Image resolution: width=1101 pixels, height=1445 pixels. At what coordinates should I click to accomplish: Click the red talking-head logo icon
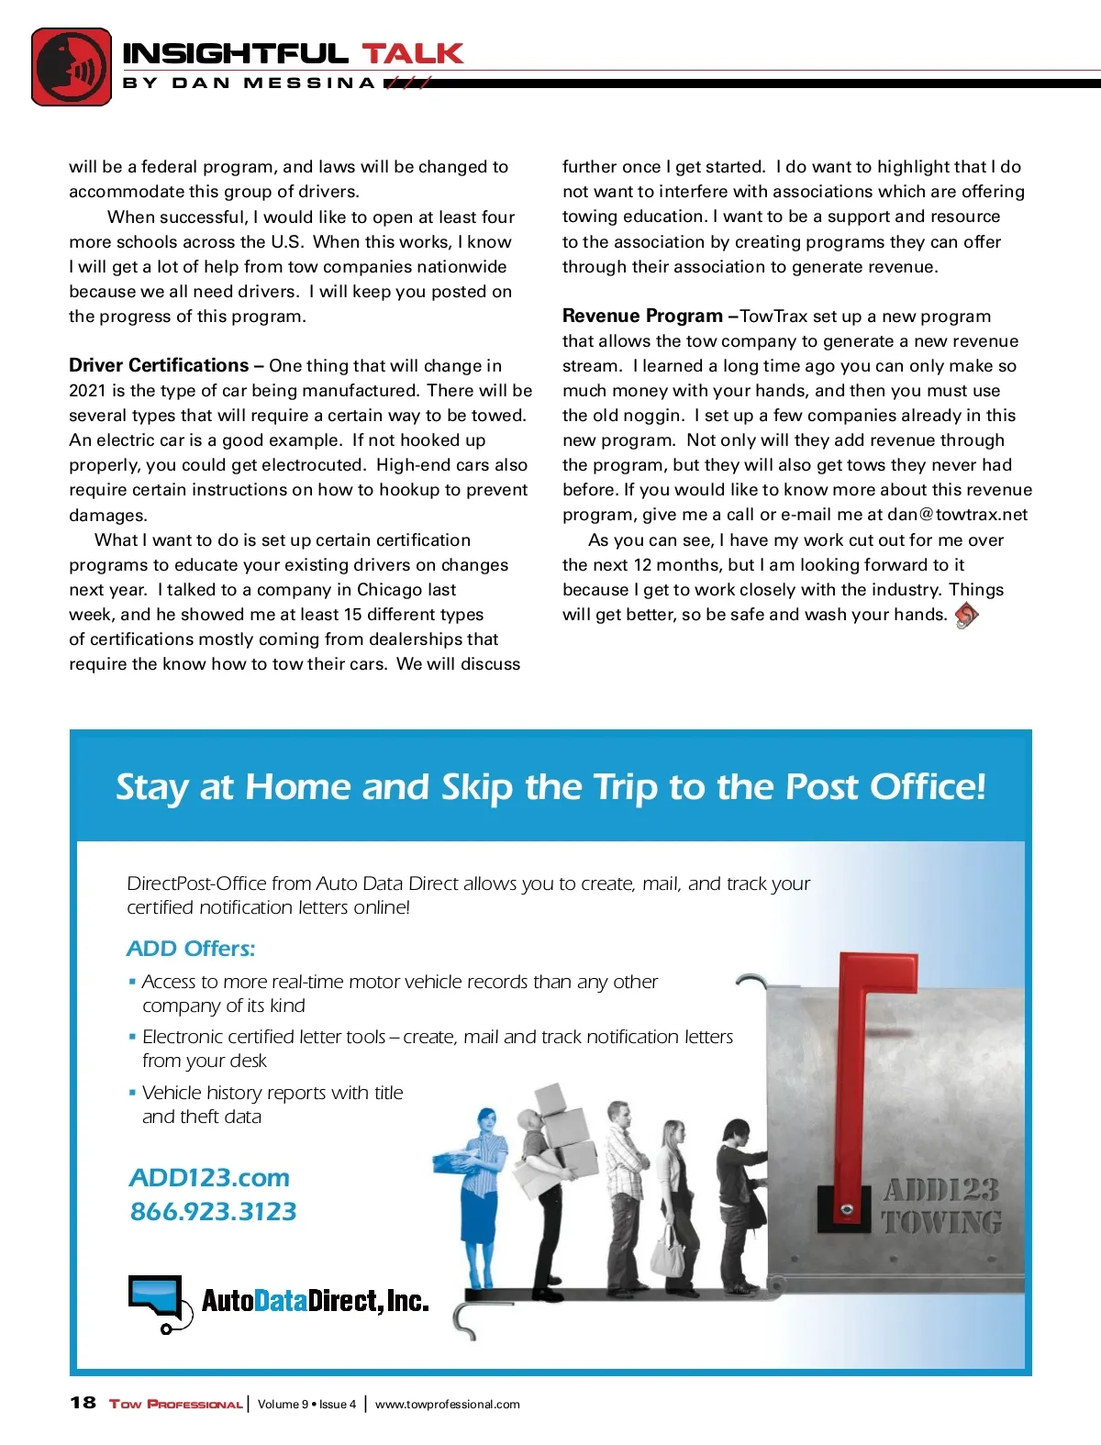point(72,66)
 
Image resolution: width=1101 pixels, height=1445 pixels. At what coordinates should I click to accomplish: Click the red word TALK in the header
point(412,53)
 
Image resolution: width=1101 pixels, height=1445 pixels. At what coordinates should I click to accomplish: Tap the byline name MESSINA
point(309,83)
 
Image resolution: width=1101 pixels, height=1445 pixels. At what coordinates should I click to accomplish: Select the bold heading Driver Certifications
point(158,365)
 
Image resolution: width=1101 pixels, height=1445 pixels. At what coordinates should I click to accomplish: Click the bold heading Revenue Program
point(642,316)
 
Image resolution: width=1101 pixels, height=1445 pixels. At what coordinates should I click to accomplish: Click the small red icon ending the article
point(966,615)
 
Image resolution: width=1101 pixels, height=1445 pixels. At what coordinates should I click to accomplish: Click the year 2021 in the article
point(87,391)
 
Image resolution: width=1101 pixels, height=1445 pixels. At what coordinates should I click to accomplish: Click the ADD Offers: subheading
point(191,949)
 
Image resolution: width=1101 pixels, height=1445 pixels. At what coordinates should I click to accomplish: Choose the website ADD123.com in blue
point(209,1178)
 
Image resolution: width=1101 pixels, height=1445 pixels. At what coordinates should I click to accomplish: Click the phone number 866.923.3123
point(213,1212)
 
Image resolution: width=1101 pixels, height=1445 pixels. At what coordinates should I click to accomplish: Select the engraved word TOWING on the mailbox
point(941,1223)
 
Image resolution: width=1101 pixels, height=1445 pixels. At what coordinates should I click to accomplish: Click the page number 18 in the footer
point(83,1403)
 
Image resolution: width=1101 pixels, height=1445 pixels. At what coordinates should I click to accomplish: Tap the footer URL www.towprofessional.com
point(447,1405)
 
